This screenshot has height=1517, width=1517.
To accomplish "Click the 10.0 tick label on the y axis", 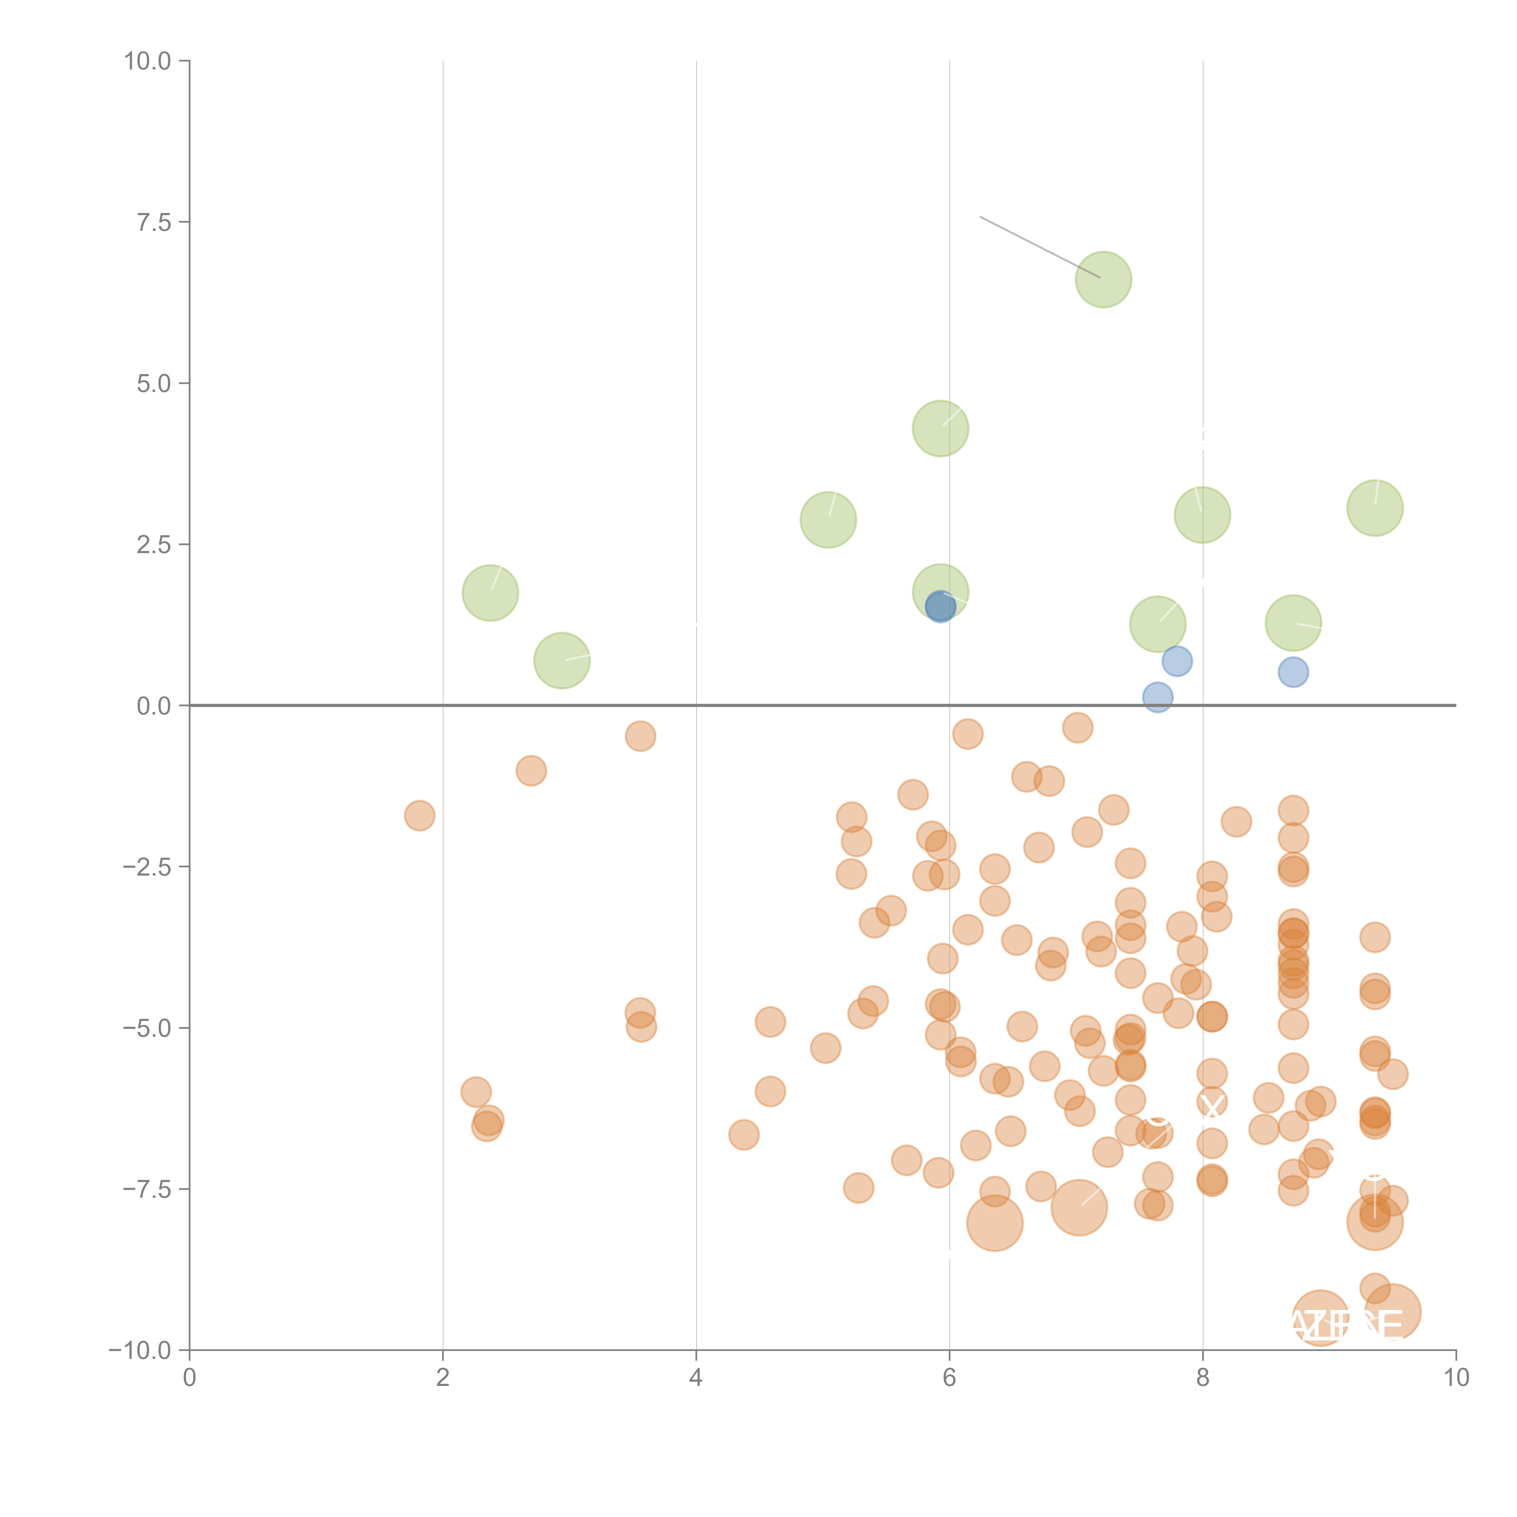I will (148, 61).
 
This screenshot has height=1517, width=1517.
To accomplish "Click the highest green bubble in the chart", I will (1103, 279).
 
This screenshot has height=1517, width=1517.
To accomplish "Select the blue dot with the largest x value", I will (1293, 672).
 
